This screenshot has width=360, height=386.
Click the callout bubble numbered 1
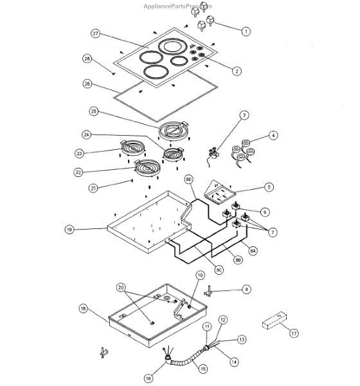click(246, 30)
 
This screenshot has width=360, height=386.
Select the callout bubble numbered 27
click(96, 33)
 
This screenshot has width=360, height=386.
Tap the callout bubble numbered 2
click(237, 71)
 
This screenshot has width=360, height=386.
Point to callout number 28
click(87, 60)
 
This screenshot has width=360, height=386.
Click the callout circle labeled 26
click(88, 83)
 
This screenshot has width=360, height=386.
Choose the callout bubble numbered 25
click(94, 111)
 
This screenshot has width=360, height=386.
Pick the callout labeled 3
click(244, 116)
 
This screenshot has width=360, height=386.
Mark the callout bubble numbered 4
click(273, 136)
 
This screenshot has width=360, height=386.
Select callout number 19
click(69, 229)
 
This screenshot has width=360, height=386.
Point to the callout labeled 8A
click(253, 251)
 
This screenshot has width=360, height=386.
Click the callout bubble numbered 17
click(294, 333)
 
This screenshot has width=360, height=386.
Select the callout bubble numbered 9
click(246, 290)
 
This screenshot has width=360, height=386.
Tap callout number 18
click(82, 309)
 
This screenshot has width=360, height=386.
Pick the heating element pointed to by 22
click(148, 169)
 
